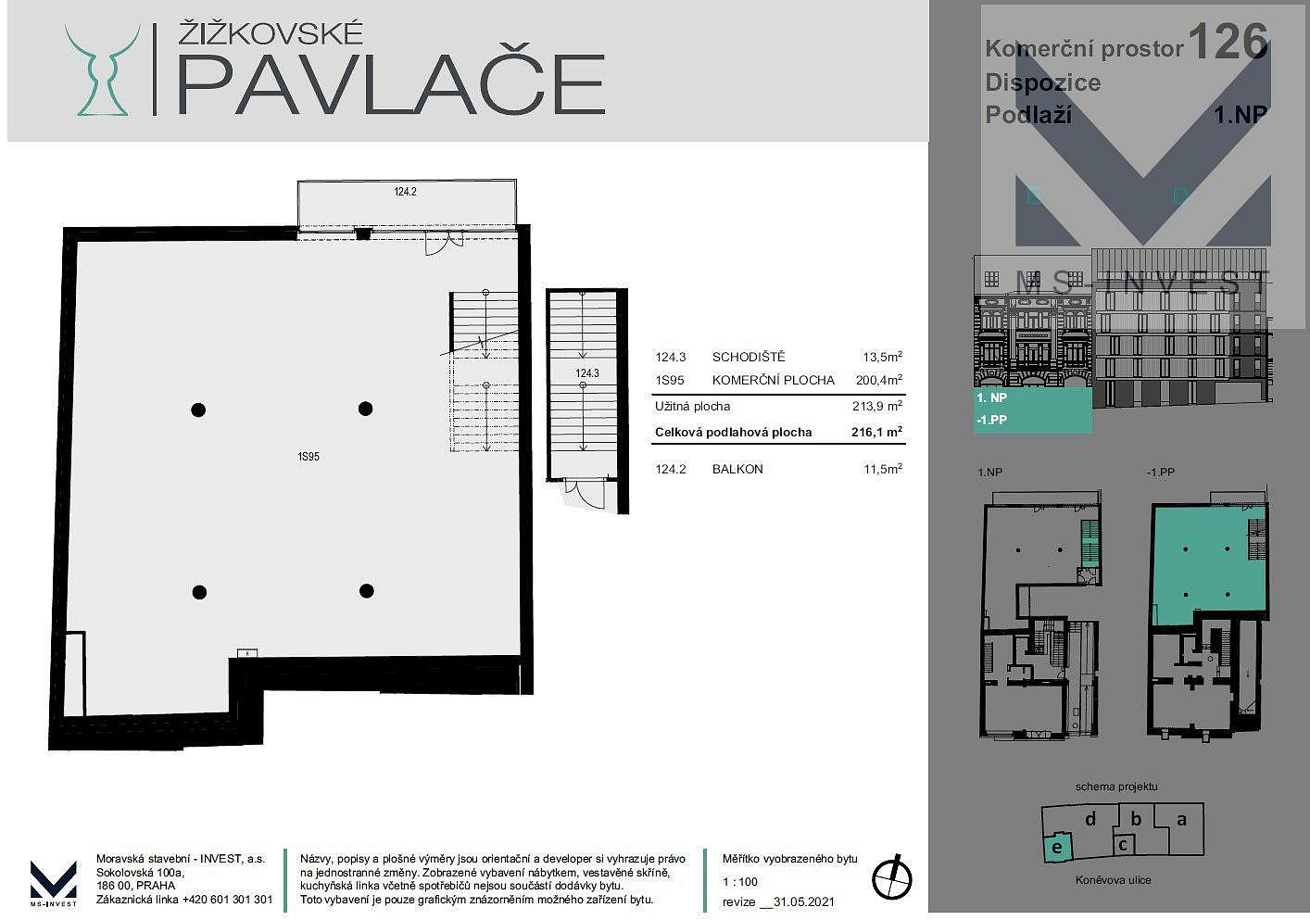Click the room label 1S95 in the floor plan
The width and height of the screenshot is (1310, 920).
coord(309,456)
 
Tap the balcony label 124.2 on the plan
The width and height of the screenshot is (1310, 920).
coord(405,191)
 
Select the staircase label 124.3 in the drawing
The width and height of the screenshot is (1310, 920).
coord(587,373)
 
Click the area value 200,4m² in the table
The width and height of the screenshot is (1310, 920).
coord(879,380)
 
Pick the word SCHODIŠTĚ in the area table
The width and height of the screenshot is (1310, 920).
coord(749,356)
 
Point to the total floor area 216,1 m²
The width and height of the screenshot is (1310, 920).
coord(876,432)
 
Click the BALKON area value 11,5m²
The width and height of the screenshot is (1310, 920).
coord(883,469)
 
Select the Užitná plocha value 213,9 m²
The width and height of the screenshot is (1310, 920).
coord(877,405)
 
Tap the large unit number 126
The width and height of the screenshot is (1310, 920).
coord(1228,41)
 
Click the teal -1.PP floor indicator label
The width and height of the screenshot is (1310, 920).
coord(992,420)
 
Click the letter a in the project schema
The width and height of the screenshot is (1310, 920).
coord(1181,819)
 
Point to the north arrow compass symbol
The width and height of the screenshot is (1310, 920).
coord(892,877)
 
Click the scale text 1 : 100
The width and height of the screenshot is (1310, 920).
coord(740,881)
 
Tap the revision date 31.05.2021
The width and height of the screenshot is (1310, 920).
coord(803,901)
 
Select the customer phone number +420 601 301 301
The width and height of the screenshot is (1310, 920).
coord(228,900)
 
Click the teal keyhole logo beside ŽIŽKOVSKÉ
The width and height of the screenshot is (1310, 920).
coord(103,70)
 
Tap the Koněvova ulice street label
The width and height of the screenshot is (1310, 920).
coord(1113,880)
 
